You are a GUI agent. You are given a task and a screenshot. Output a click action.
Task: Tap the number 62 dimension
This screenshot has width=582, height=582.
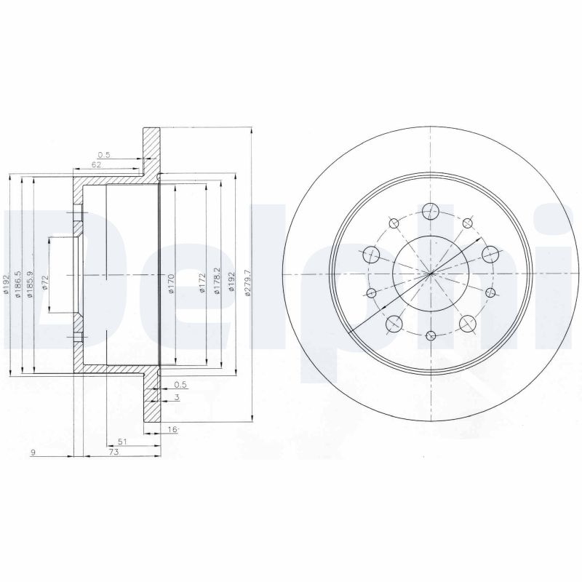click(x=97, y=165)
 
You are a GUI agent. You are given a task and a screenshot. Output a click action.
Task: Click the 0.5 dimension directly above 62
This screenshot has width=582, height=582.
click(x=103, y=154)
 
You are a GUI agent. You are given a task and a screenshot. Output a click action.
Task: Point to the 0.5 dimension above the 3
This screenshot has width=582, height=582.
click(x=180, y=385)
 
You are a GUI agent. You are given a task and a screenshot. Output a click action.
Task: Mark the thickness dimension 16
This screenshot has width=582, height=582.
click(x=172, y=431)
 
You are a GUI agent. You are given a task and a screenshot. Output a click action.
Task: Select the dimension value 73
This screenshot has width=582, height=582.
click(x=113, y=452)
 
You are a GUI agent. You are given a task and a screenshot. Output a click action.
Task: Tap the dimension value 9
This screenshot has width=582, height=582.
click(x=33, y=452)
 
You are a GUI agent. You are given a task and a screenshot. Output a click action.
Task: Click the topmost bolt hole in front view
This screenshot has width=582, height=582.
click(x=431, y=210)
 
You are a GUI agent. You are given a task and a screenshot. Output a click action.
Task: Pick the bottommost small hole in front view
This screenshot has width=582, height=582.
click(x=431, y=335)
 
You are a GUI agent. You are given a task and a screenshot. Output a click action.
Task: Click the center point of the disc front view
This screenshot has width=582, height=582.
click(x=431, y=274)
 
